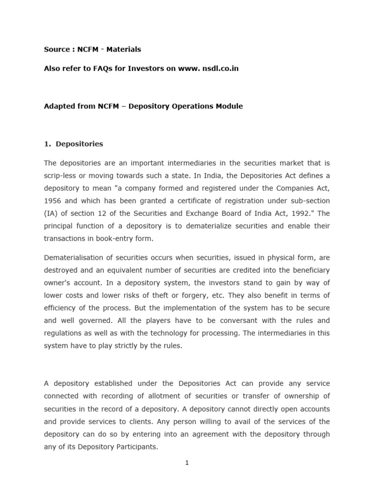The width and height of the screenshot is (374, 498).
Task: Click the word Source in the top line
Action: pyautogui.click(x=56, y=49)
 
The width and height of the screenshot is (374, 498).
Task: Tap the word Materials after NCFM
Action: pyautogui.click(x=124, y=49)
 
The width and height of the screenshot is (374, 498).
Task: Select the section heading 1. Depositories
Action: pyautogui.click(x=74, y=144)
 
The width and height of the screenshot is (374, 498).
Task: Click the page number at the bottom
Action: pyautogui.click(x=187, y=463)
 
